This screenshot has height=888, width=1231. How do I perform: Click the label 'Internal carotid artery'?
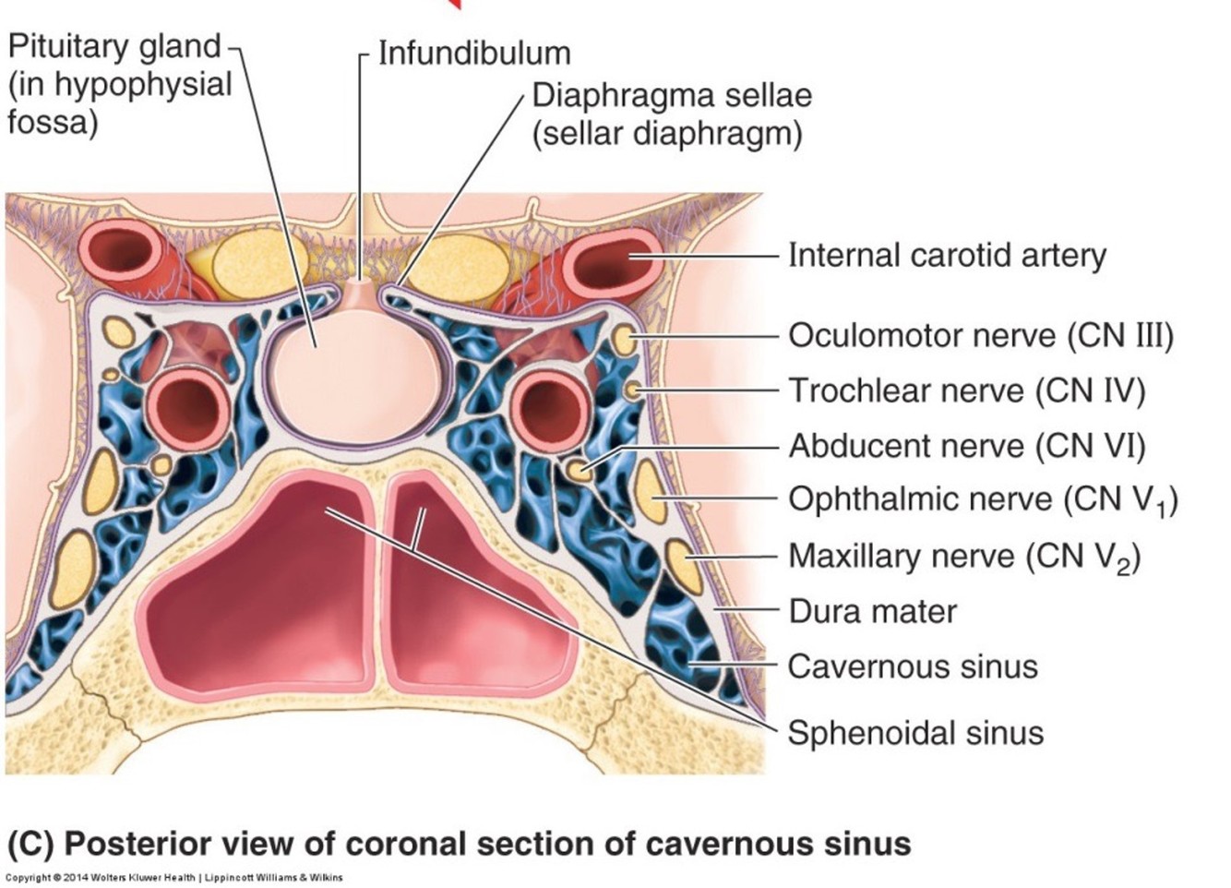coord(947,256)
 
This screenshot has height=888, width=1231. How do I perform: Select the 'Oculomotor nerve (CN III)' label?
coord(980,336)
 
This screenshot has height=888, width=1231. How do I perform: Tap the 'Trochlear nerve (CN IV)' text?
coord(966,391)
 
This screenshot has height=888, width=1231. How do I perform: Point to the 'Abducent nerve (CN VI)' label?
coord(966,447)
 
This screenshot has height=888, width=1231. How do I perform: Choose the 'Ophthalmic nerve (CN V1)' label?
coord(982,501)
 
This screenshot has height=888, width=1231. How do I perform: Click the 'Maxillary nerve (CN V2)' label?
coord(963,557)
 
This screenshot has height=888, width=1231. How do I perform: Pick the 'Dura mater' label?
coord(872,611)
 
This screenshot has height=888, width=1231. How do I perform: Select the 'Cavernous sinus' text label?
coord(913,666)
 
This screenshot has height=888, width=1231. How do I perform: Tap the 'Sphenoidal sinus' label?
coord(915,733)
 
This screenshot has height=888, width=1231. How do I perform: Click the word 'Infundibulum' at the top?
coord(474,54)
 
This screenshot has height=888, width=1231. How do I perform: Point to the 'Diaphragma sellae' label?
coord(672,96)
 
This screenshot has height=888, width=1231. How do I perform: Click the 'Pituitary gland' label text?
coord(114,46)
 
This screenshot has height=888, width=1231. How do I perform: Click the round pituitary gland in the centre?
coord(358,374)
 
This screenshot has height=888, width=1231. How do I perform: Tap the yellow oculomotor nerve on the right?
coord(624,340)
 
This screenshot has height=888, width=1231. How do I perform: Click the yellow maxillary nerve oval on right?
coord(684,565)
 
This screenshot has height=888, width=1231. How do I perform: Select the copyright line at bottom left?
coord(174,878)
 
